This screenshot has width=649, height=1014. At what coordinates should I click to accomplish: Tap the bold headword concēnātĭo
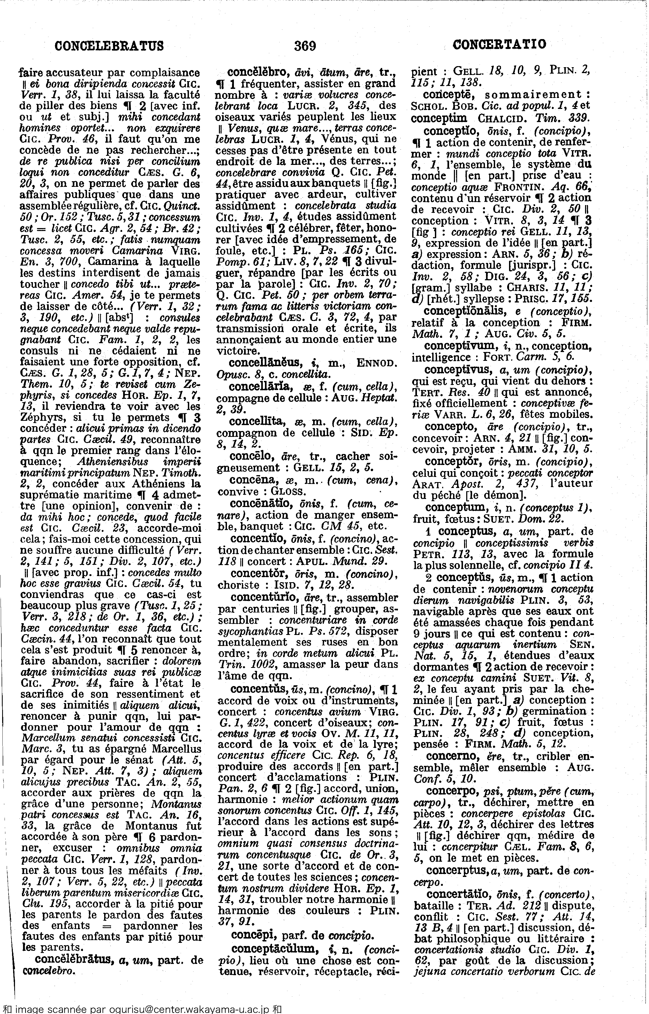click(x=258, y=504)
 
